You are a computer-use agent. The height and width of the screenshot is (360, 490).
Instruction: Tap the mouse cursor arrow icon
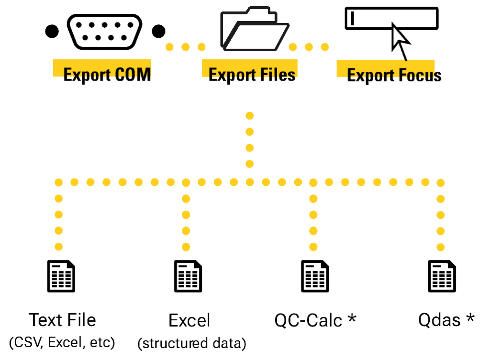click(400, 42)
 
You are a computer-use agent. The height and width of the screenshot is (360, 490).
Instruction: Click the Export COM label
click(107, 74)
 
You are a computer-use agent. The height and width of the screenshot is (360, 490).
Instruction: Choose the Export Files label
click(252, 74)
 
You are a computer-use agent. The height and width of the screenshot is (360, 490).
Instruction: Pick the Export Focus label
click(394, 75)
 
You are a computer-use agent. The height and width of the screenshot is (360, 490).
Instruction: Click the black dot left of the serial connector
click(52, 32)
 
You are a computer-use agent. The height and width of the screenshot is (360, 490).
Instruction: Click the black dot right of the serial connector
click(158, 32)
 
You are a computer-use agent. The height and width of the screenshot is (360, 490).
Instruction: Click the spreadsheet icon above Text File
click(61, 276)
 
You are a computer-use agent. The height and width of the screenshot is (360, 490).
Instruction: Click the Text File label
click(62, 320)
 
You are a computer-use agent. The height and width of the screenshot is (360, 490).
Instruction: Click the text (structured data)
click(191, 343)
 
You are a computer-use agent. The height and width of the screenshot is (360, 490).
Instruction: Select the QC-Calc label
click(308, 320)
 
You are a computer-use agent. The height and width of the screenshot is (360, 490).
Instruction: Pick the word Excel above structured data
click(189, 320)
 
